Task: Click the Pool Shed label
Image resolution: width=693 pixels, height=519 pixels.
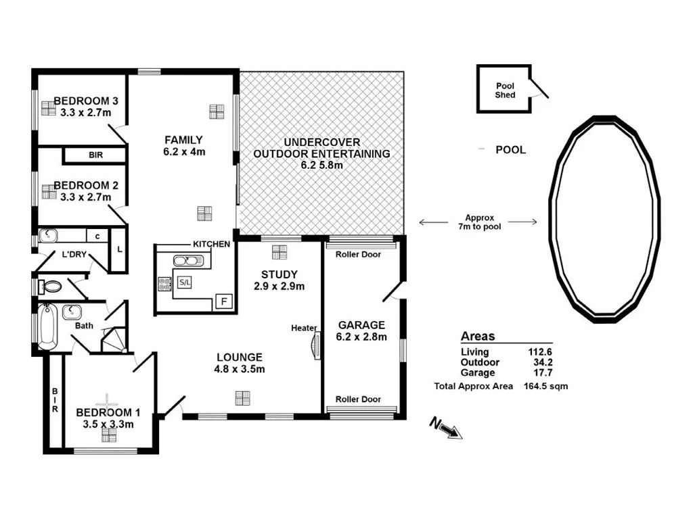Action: (x=505, y=91)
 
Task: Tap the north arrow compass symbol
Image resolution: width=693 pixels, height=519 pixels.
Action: (x=447, y=428)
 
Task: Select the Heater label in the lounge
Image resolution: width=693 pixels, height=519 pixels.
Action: (x=304, y=328)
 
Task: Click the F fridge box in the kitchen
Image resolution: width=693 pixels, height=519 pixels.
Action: (x=223, y=301)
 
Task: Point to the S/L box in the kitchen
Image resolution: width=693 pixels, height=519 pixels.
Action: (x=184, y=282)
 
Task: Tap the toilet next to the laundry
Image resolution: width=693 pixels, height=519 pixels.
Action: (x=51, y=287)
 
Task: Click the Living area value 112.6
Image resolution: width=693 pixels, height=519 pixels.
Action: (x=540, y=352)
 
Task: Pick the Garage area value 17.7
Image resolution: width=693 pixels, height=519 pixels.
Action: (x=542, y=372)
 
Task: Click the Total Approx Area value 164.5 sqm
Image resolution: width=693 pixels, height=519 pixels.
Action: (x=545, y=387)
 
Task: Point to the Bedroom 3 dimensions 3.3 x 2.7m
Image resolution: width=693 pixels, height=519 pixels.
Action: (x=85, y=113)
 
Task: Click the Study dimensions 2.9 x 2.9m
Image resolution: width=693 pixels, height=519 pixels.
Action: (x=280, y=286)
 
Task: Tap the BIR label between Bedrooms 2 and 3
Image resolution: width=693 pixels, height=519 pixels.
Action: (x=95, y=155)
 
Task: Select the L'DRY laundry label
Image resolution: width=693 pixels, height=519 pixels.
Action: (x=74, y=255)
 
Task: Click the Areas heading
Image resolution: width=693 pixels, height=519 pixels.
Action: (x=478, y=337)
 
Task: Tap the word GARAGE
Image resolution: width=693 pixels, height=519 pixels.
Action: (x=361, y=325)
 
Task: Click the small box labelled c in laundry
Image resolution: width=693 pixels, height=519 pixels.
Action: (x=97, y=236)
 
